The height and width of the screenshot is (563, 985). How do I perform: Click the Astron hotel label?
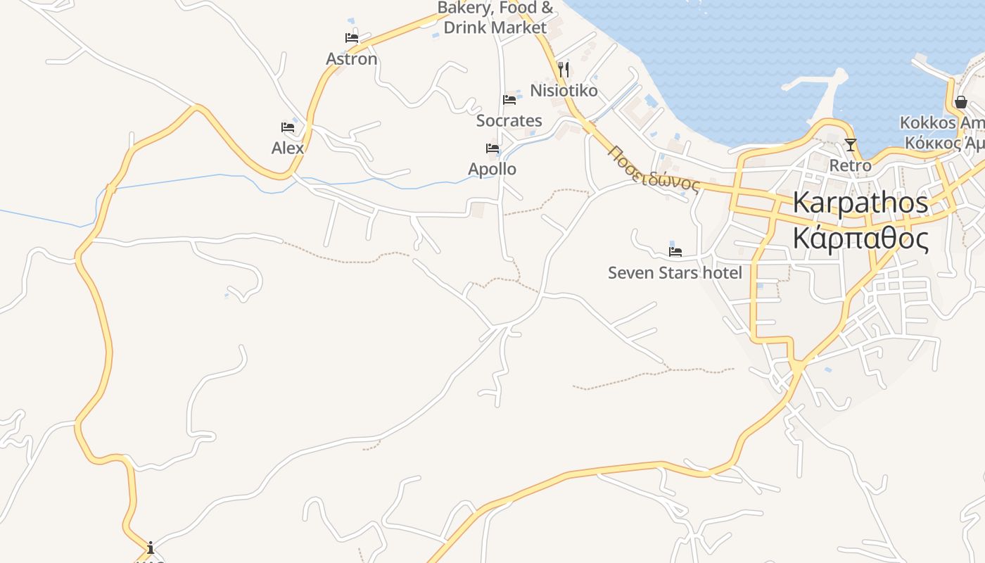point(352,59)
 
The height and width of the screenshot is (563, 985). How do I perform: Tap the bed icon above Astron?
point(352,38)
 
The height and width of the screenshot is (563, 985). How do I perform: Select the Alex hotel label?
point(288,148)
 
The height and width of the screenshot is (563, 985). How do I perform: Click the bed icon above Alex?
point(288,127)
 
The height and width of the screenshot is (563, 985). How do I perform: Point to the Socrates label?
point(509,120)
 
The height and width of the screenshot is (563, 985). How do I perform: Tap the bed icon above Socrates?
point(509,100)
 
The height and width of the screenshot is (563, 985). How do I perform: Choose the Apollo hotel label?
point(493,169)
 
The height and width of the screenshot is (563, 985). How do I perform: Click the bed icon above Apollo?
point(493,148)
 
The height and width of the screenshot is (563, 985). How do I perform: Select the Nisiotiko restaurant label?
point(564,91)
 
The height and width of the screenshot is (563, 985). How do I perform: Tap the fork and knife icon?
point(564,70)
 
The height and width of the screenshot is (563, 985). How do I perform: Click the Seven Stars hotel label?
point(675,272)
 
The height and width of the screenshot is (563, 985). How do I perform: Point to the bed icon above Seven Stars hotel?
point(675,251)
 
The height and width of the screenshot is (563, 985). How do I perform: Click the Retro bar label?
point(851,166)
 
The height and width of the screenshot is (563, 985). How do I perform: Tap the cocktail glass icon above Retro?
point(851,145)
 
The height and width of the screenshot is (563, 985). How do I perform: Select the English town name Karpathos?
point(860,203)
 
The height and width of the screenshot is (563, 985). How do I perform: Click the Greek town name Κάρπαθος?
point(860,239)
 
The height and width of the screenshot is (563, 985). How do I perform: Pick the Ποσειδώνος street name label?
point(654,170)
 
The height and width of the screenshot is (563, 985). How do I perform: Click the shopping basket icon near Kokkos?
point(960,102)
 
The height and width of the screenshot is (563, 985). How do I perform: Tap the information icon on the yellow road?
point(150,548)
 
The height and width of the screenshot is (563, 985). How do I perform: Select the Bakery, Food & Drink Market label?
point(495,18)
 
